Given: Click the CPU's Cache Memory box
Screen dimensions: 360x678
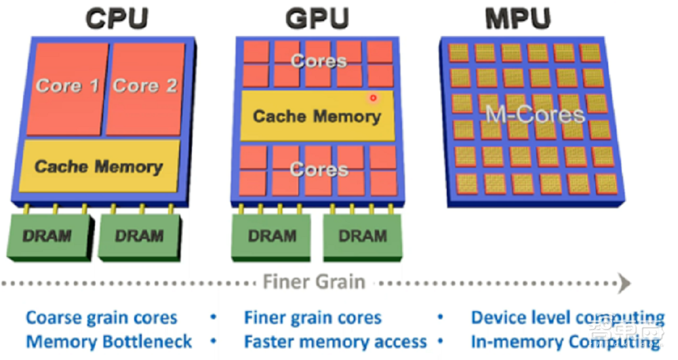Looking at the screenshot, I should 99,166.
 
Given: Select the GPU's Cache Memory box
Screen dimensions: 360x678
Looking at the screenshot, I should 317,116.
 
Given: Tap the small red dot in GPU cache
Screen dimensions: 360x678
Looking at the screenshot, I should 373,98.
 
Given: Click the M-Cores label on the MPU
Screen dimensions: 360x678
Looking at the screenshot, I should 534,114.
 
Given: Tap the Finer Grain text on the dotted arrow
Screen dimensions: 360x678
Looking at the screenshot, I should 314,281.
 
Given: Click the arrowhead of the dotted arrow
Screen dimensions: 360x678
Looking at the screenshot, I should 625,281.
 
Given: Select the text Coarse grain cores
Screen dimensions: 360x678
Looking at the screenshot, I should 101,317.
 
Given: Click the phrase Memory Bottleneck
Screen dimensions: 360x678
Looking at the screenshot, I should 108,341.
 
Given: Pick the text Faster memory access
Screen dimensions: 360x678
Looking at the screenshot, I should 335,341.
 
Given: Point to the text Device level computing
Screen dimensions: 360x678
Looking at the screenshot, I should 567,317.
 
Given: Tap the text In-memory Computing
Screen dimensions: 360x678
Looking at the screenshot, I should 565,341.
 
